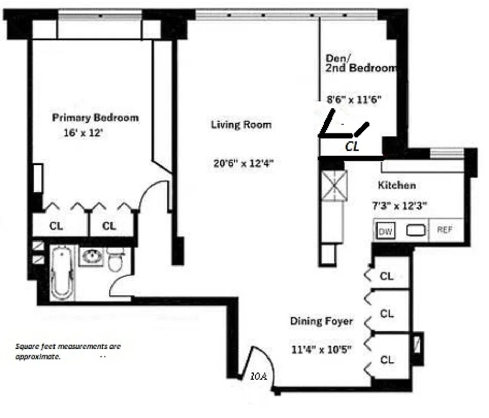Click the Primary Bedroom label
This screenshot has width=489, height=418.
tap(96, 118)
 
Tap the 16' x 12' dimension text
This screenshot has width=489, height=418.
tap(84, 133)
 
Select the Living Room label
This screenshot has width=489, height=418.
tap(241, 125)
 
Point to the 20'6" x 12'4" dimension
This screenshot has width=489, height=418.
tap(243, 163)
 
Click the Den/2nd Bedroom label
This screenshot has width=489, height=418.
tap(360, 63)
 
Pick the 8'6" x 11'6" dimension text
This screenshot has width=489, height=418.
tap(356, 99)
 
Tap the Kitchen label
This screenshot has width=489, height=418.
tap(397, 185)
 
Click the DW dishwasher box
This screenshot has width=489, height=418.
tap(386, 231)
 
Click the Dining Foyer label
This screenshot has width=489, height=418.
tap(321, 321)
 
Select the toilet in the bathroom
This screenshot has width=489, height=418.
tap(115, 260)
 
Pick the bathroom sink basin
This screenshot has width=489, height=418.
tap(92, 257)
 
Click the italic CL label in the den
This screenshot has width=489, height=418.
tap(353, 147)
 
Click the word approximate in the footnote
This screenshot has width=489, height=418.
tap(38, 357)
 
